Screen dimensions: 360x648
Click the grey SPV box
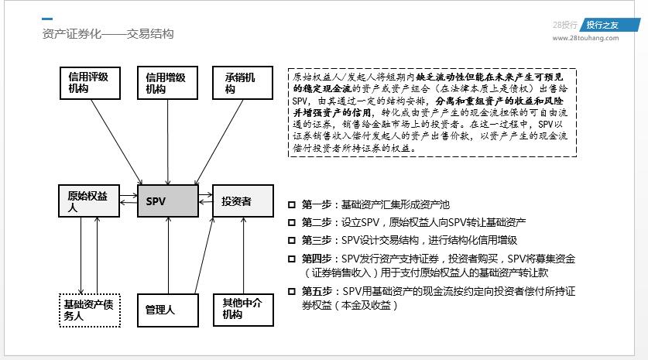167,201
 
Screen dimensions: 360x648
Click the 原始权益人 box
88,201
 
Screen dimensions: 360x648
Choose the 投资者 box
243,201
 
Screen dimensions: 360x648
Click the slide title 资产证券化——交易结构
108,34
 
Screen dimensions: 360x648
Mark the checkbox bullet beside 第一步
291,205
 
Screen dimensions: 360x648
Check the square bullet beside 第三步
291,240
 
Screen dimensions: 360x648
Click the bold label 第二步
316,223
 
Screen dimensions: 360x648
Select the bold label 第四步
316,258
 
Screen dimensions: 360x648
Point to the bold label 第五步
316,291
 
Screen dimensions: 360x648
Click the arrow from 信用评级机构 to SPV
129,144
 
